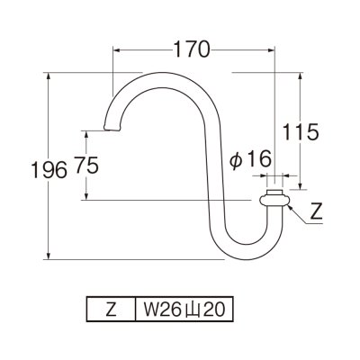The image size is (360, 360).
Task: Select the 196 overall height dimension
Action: (x=23, y=169)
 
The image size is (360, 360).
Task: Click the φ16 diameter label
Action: (x=250, y=159)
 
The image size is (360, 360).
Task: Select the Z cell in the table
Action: (x=110, y=310)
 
